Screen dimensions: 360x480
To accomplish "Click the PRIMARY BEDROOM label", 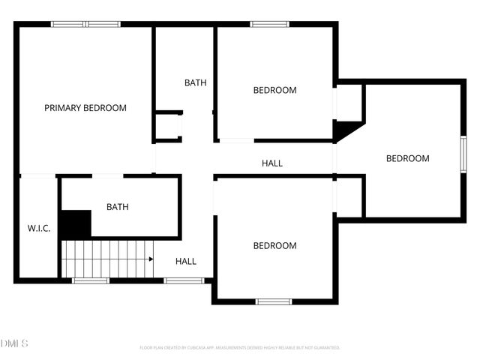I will tap(85, 108).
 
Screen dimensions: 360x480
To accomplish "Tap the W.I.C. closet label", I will tap(39, 228).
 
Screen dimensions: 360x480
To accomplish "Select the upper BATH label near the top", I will tap(196, 83).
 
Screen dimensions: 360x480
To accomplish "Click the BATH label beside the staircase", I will tap(118, 207).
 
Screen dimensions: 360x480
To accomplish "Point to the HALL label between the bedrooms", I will tap(272, 163).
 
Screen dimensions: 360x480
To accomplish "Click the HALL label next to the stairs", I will tap(186, 261).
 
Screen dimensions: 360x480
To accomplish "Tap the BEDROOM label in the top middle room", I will tap(274, 90).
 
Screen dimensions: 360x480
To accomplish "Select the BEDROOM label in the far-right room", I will tap(408, 158).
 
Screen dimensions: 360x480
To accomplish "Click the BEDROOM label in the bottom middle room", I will tap(274, 245).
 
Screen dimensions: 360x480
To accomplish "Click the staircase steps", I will tap(107, 258).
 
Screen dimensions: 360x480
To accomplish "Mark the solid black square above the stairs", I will tap(75, 224).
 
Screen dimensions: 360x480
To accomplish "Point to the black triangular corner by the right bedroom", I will tap(345, 131).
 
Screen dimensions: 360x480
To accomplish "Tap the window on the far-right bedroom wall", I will tap(463, 154).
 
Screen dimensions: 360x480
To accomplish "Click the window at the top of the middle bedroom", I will tap(270, 24).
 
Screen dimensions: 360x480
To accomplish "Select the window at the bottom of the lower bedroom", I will tap(274, 301).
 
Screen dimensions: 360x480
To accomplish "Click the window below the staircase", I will tap(90, 280).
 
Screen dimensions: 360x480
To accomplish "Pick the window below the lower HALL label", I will tap(184, 280).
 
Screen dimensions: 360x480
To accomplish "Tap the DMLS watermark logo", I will tap(15, 343).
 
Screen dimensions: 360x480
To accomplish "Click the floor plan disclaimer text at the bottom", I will tap(240, 348).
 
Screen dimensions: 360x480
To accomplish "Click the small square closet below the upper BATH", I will tap(168, 125).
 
